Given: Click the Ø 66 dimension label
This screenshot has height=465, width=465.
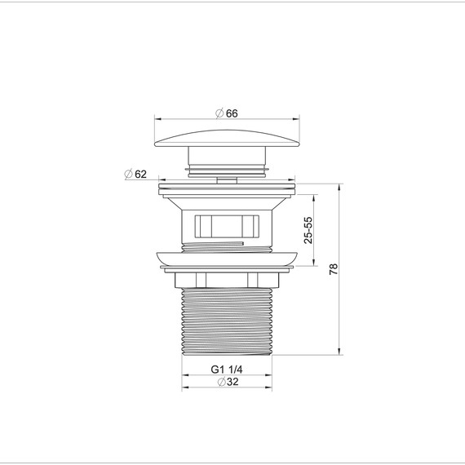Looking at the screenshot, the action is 227,113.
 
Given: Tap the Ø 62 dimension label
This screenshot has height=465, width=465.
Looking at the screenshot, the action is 135,174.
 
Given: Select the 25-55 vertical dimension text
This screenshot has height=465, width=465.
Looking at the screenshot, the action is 308,230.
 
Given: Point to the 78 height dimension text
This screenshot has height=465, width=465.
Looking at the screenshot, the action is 334,269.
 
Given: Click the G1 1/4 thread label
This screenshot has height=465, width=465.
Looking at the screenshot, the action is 227,370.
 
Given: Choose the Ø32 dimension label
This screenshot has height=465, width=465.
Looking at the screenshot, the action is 228,382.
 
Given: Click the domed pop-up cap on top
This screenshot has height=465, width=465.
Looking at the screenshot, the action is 227,138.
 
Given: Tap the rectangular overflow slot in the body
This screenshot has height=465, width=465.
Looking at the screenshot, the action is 227,227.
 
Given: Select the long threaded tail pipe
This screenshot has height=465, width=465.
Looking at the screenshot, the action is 227,321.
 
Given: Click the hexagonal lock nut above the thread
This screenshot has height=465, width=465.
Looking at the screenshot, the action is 227,280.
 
